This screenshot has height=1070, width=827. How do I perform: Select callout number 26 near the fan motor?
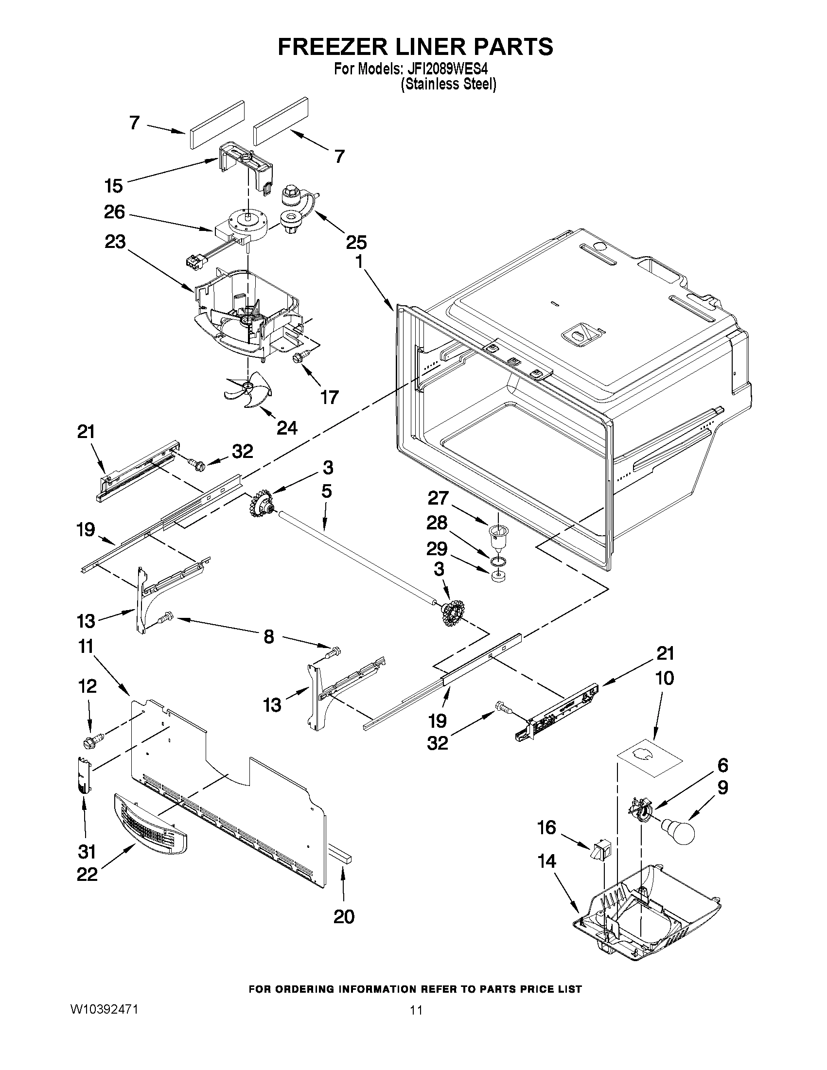tap(114, 212)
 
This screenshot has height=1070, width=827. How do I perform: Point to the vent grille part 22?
tap(150, 824)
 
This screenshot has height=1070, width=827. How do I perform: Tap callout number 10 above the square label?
tap(664, 678)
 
